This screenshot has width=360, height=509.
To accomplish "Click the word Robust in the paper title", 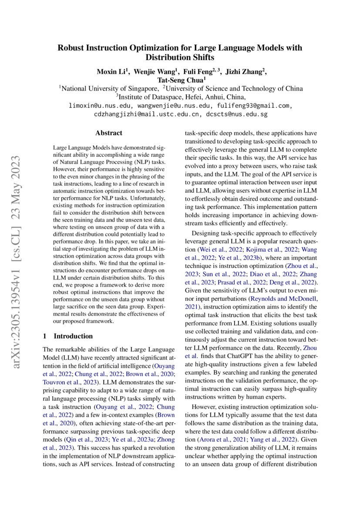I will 71,48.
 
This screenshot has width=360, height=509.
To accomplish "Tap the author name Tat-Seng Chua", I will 180,80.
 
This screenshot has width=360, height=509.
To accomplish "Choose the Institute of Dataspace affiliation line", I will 180,97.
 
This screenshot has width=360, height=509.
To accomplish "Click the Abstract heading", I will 109,133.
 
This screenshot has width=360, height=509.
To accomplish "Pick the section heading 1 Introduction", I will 67,336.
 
